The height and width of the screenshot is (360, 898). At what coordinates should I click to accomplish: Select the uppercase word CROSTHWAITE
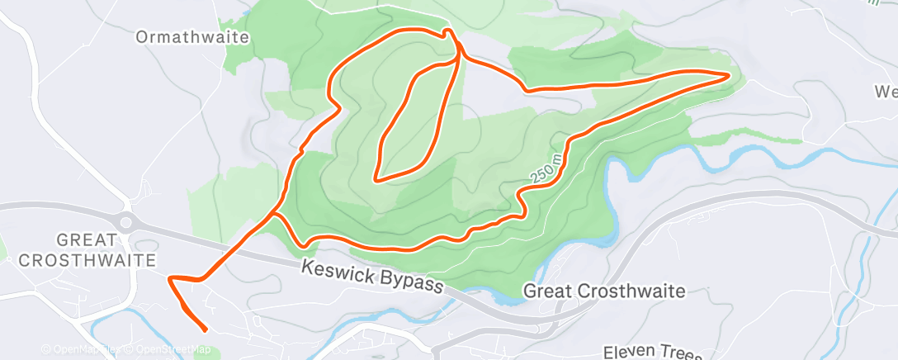(x=87, y=260)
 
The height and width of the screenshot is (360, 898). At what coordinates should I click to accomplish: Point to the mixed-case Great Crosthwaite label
(x=605, y=291)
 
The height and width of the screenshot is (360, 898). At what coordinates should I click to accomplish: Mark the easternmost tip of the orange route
(x=730, y=76)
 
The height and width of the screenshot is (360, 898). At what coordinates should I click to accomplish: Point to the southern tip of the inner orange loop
(x=376, y=178)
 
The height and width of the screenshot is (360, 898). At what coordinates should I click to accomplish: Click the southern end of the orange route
(x=205, y=330)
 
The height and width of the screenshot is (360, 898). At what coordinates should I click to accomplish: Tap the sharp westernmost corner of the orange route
(x=170, y=280)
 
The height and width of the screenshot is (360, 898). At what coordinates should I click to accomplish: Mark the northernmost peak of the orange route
(x=447, y=31)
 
